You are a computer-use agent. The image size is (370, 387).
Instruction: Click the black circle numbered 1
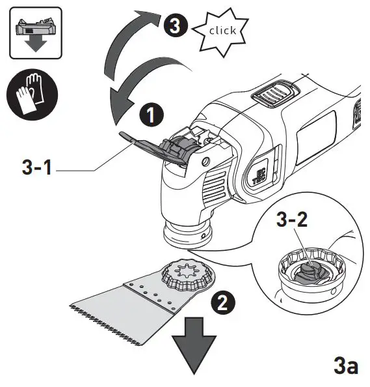point(151,116)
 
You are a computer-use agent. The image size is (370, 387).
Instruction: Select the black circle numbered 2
point(223,302)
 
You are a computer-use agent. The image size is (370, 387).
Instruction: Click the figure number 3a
point(345,364)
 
